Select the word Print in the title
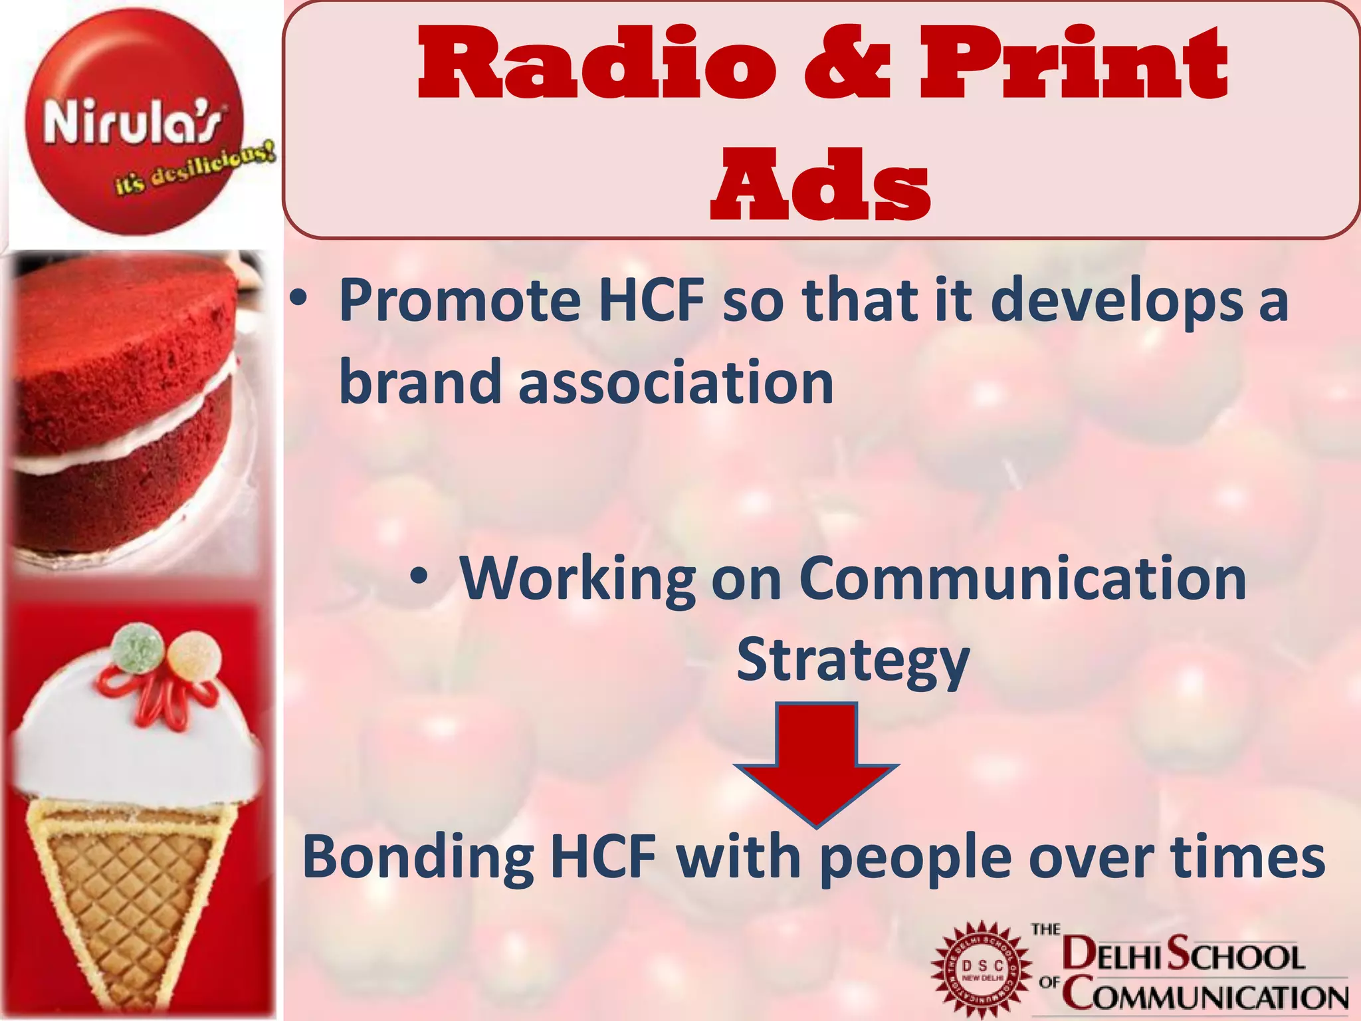tap(1073, 64)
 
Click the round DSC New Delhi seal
tap(982, 971)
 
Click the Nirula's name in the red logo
tap(134, 122)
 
